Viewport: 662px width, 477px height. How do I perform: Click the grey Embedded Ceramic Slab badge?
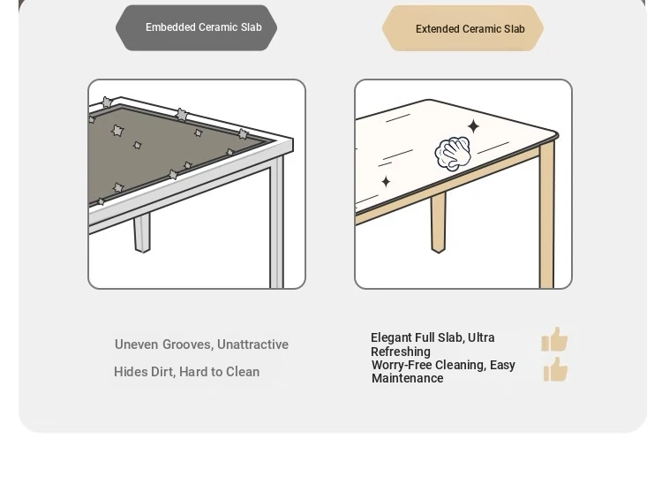[196, 28]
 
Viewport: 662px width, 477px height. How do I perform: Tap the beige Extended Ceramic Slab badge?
[463, 28]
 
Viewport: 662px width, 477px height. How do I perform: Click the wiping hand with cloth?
[453, 154]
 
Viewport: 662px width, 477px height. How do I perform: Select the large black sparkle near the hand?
[473, 126]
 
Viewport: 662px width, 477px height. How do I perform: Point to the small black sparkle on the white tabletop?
[386, 182]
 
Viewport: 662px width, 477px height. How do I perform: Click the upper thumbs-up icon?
[554, 339]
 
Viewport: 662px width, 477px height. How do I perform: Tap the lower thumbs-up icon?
[555, 369]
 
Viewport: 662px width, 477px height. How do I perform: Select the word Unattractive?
[253, 344]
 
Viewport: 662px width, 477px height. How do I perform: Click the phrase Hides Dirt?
[144, 372]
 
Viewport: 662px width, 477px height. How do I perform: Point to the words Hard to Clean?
[220, 372]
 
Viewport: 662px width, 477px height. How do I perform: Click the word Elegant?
[391, 338]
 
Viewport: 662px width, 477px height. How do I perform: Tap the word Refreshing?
[401, 352]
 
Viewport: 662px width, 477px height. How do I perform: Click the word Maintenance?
[408, 378]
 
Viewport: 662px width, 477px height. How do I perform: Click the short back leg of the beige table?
[438, 223]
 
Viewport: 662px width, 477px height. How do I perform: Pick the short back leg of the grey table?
[142, 233]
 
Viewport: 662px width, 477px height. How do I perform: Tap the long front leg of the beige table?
[546, 216]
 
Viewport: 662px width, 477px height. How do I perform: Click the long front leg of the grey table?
[277, 223]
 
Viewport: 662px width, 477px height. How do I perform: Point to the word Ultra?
[481, 338]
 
